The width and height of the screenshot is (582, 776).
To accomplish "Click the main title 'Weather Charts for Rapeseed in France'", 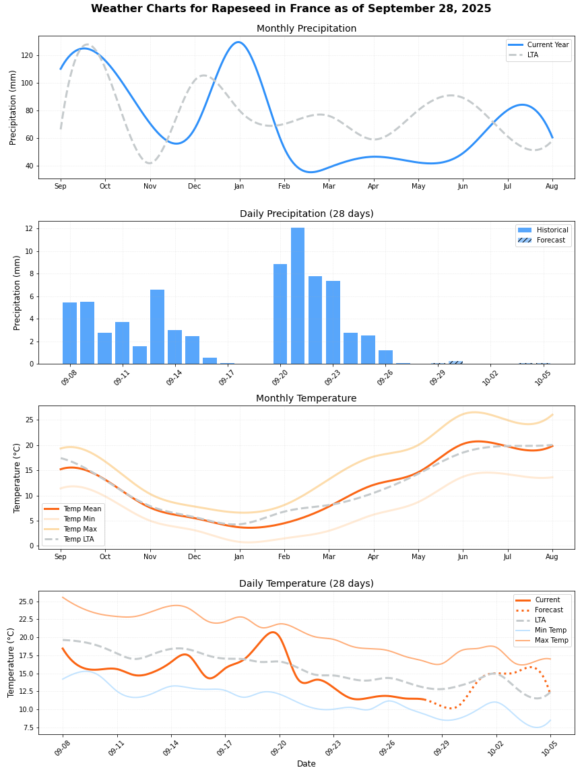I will click(x=291, y=9).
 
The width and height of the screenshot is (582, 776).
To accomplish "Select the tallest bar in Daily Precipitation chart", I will click(x=298, y=296).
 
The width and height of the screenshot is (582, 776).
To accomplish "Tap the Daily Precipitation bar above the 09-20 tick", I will click(x=280, y=314).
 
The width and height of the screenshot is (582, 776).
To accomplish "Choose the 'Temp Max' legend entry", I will click(x=80, y=529).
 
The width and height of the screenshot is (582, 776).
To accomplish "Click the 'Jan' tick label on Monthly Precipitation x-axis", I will click(x=239, y=186).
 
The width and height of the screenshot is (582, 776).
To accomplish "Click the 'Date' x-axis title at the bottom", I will click(x=306, y=764).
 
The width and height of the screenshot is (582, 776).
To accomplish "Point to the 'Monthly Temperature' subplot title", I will click(x=306, y=398).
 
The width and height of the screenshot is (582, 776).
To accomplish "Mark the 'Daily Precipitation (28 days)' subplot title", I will click(x=306, y=214).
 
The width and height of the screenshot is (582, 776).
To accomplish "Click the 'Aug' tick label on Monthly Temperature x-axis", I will click(x=552, y=556).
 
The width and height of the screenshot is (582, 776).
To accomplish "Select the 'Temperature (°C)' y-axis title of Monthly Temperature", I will click(x=18, y=478).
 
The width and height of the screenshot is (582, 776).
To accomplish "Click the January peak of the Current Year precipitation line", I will click(x=238, y=42).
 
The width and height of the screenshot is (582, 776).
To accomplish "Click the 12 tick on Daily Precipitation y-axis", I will click(x=29, y=228).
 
